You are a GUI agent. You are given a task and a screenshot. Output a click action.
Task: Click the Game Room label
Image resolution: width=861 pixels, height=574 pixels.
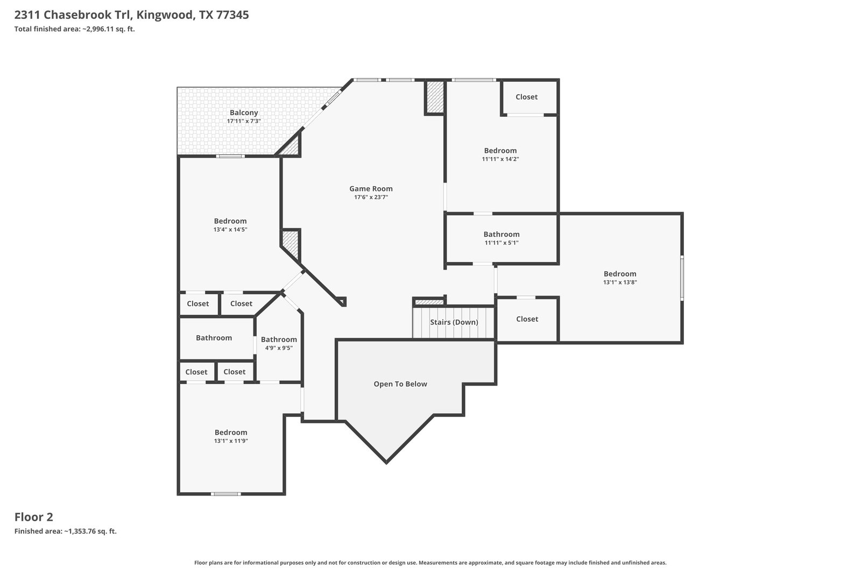click(x=371, y=189)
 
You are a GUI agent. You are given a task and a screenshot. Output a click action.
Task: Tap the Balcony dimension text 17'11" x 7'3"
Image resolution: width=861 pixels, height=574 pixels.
click(x=244, y=121)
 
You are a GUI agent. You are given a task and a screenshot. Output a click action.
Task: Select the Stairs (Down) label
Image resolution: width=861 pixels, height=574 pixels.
click(x=454, y=322)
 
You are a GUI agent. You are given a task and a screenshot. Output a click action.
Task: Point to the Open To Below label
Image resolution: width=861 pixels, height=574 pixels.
click(x=400, y=384)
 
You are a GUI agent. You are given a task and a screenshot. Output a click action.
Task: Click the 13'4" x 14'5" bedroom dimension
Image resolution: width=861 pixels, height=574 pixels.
click(x=230, y=229)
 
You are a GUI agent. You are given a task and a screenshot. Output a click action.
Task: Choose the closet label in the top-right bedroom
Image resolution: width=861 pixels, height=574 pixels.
click(x=527, y=97)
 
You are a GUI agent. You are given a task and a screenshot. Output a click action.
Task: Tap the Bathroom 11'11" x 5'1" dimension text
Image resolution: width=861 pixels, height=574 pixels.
click(x=502, y=243)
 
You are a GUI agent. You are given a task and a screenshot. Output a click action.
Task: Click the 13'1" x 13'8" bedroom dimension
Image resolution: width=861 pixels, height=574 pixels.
click(x=620, y=282)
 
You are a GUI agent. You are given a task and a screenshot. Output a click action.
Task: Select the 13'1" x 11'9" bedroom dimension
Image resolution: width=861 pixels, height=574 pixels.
click(x=231, y=441)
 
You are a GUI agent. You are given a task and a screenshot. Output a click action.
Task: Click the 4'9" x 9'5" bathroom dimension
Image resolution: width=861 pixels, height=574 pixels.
click(x=279, y=348)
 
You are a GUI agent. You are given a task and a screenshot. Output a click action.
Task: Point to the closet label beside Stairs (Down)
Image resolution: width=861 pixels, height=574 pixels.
click(x=527, y=319)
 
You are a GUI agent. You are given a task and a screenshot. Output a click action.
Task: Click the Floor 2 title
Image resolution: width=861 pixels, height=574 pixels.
click(x=34, y=517)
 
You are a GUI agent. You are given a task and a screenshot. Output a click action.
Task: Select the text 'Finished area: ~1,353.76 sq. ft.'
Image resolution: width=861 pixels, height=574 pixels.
click(x=65, y=532)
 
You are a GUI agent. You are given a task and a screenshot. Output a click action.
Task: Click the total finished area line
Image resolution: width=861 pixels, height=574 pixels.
click(x=75, y=29)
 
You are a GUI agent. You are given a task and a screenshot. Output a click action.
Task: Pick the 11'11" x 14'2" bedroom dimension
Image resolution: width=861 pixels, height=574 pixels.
click(x=500, y=159)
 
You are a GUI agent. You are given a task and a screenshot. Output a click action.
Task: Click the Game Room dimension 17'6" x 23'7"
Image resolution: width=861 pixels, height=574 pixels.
click(x=371, y=197)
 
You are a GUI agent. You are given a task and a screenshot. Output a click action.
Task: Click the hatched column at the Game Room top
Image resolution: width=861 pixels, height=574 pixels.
click(x=435, y=97)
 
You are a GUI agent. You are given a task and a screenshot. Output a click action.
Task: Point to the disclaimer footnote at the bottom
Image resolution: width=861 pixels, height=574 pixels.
click(x=430, y=563)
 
